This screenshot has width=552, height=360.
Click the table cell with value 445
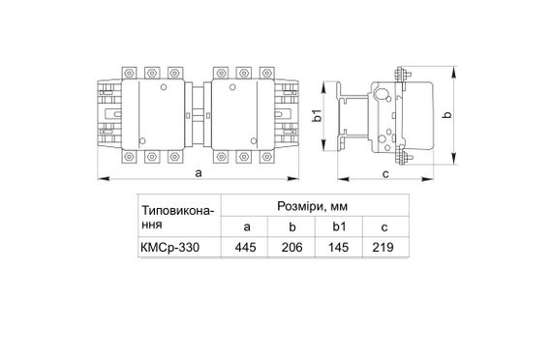point(245,248)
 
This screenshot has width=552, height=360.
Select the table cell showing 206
point(291,248)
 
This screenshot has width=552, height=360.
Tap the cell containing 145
point(338,248)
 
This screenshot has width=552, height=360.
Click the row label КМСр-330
point(170,248)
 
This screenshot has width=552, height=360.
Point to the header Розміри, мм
point(312,206)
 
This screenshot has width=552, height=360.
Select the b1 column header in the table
point(339,226)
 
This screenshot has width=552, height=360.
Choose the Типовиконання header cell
point(178,217)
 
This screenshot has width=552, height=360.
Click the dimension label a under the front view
point(199,173)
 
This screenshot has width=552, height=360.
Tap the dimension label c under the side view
point(385,173)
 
